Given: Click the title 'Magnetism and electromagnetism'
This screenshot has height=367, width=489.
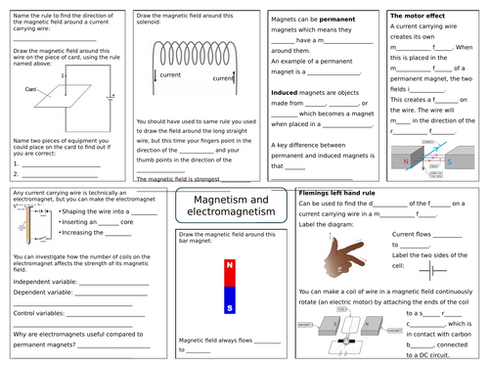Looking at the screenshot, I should point(230,207).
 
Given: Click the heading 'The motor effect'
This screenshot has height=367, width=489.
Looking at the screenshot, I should point(419,17).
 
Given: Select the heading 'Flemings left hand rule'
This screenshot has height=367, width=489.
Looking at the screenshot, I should point(337,193).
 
